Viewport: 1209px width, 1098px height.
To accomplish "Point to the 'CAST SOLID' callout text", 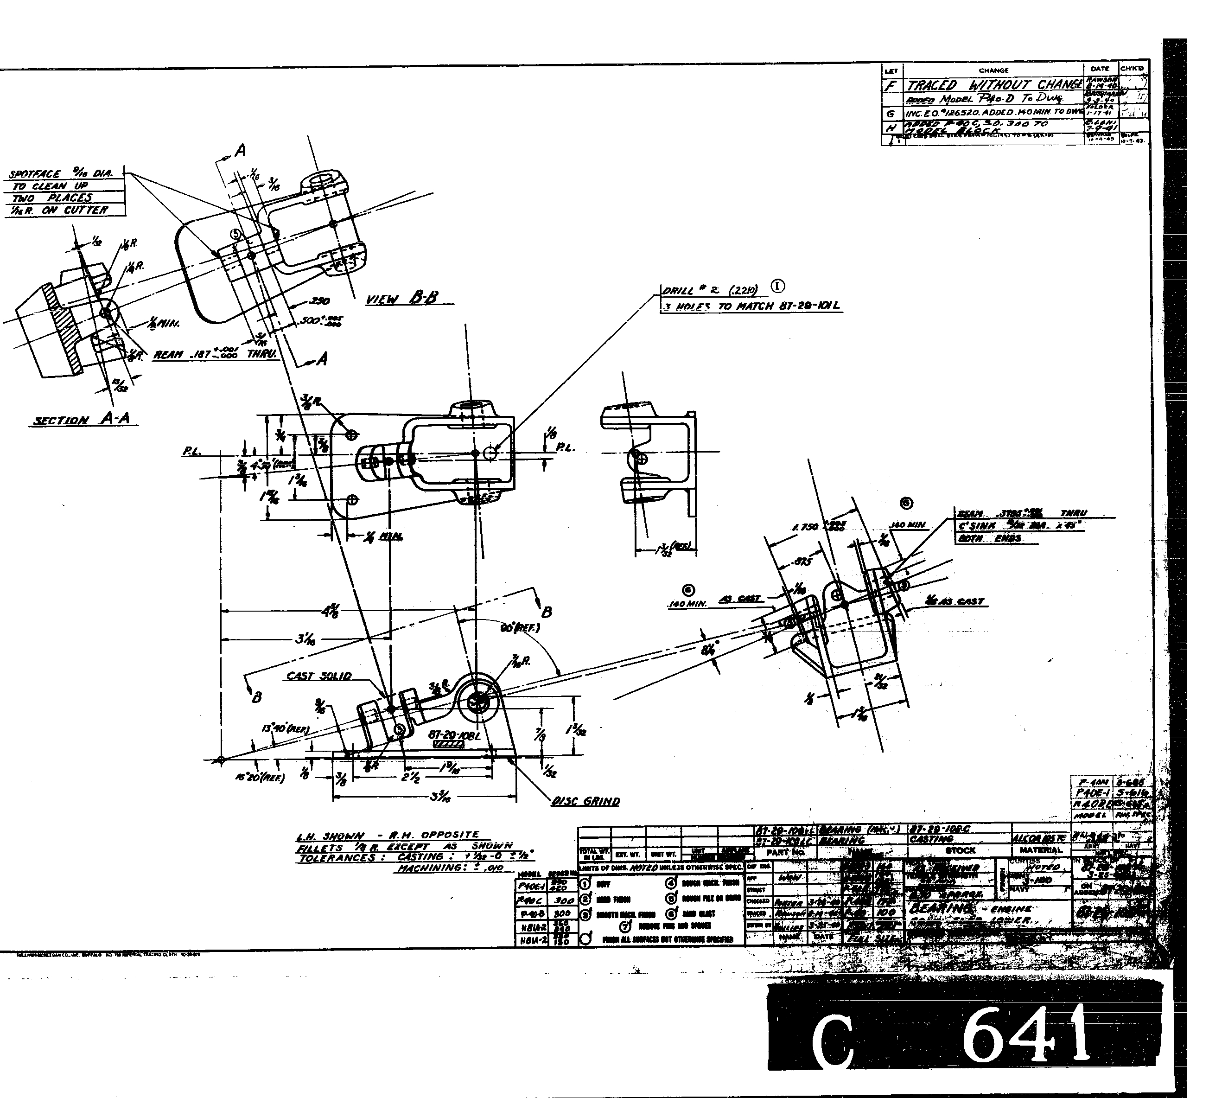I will [318, 676].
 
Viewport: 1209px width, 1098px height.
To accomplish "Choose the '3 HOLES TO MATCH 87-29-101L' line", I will [751, 306].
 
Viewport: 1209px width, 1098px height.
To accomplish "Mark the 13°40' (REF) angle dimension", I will [285, 729].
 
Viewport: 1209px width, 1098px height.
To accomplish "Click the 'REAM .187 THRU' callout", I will [215, 355].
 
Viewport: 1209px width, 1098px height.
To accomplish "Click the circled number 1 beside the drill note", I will [777, 286].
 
